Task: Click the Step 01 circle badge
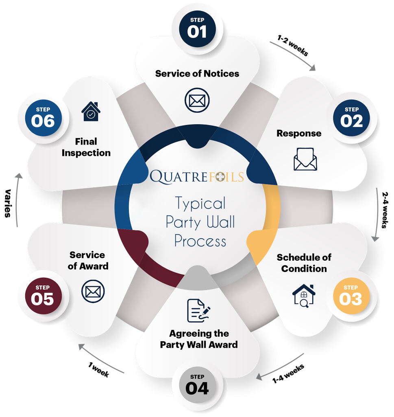pyautogui.click(x=197, y=28)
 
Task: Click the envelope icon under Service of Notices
pyautogui.click(x=197, y=100)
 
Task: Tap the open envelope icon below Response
pyautogui.click(x=305, y=159)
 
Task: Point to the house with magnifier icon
pyautogui.click(x=304, y=295)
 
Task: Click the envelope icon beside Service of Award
pyautogui.click(x=93, y=292)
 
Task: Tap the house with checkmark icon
pyautogui.click(x=91, y=111)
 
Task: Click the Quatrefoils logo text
pyautogui.click(x=197, y=176)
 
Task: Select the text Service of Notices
pyautogui.click(x=197, y=74)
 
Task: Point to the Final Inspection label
pyautogui.click(x=87, y=147)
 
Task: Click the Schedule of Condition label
pyautogui.click(x=304, y=263)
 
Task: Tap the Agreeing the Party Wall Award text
pyautogui.click(x=199, y=339)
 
